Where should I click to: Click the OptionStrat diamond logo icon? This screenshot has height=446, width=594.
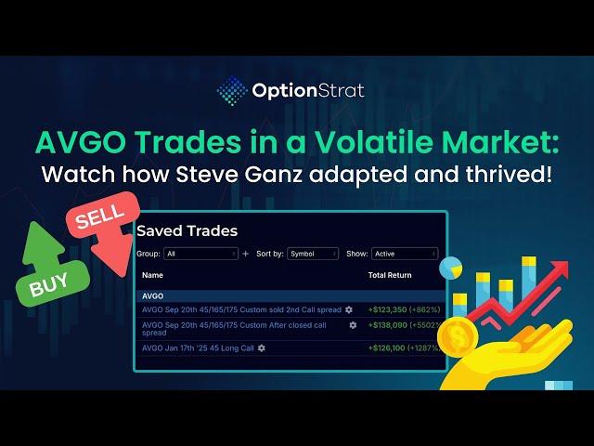[x=232, y=91]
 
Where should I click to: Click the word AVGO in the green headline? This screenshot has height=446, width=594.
[x=81, y=142]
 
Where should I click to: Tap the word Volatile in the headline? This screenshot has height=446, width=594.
[x=374, y=142]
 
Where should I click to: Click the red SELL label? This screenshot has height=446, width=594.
[x=100, y=216]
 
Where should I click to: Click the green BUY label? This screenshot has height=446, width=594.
[x=49, y=284]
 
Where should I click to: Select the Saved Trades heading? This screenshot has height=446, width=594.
[x=187, y=230]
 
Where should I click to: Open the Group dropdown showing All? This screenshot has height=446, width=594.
[x=200, y=254]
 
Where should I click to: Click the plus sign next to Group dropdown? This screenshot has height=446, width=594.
[x=245, y=254]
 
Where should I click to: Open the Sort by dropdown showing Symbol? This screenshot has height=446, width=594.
[x=313, y=254]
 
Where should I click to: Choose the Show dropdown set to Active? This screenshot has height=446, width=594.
[x=405, y=254]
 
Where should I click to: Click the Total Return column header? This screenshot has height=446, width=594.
[x=390, y=275]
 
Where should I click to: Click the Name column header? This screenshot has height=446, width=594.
[x=152, y=275]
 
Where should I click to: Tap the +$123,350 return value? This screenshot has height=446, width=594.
[x=387, y=309]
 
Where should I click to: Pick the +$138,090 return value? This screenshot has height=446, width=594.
[x=388, y=325]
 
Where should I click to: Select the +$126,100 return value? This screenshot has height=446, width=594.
[x=387, y=348]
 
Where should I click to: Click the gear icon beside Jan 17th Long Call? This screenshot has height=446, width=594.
[x=262, y=348]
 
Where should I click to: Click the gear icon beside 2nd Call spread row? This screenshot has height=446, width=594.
[x=349, y=309]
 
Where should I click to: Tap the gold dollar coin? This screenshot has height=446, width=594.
[x=458, y=337]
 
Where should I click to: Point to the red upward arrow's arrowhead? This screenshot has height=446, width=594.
[x=558, y=269]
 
